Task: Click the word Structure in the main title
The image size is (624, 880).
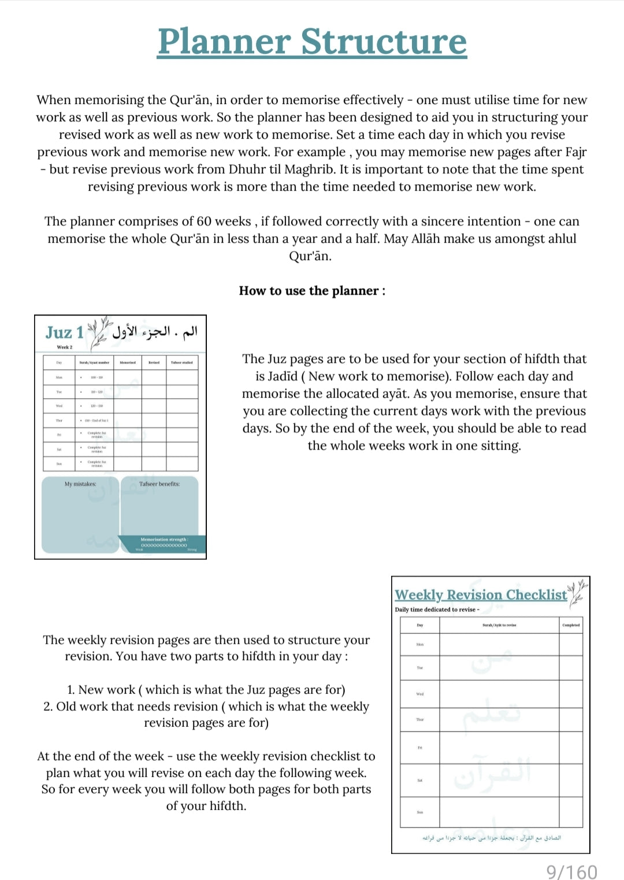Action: [x=384, y=42]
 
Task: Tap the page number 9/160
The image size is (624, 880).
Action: [x=572, y=871]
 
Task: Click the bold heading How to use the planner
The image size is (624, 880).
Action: [x=312, y=291]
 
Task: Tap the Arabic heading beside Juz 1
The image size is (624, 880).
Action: [x=155, y=332]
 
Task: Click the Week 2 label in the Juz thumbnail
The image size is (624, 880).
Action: [x=65, y=347]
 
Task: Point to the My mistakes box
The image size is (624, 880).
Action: [x=80, y=514]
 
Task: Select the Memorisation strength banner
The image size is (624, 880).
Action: [x=164, y=543]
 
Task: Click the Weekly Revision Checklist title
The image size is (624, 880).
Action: [x=481, y=595]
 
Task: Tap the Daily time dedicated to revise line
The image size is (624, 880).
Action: [x=437, y=610]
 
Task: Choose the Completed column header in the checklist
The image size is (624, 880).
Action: [x=571, y=625]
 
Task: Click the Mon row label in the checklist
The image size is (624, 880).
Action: [x=420, y=644]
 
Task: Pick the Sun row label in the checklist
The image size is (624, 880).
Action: [x=420, y=812]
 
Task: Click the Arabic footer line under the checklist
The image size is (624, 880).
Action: [x=491, y=837]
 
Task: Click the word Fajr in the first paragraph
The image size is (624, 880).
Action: [x=575, y=152]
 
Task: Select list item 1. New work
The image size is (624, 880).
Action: [x=206, y=689]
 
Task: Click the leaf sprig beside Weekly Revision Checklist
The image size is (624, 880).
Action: [x=577, y=593]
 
